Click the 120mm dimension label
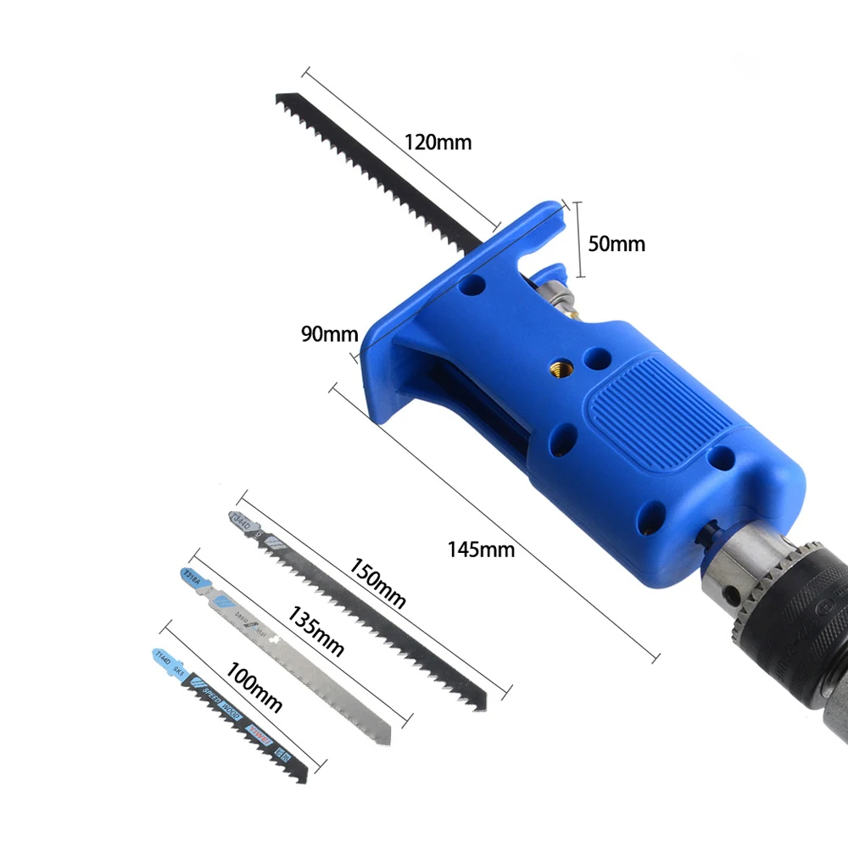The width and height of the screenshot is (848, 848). (x=438, y=142)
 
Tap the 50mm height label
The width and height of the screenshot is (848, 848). (x=616, y=244)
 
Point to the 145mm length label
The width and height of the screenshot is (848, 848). (x=481, y=549)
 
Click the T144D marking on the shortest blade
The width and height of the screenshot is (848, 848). (x=162, y=656)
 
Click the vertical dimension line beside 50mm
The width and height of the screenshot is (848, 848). (x=579, y=240)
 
